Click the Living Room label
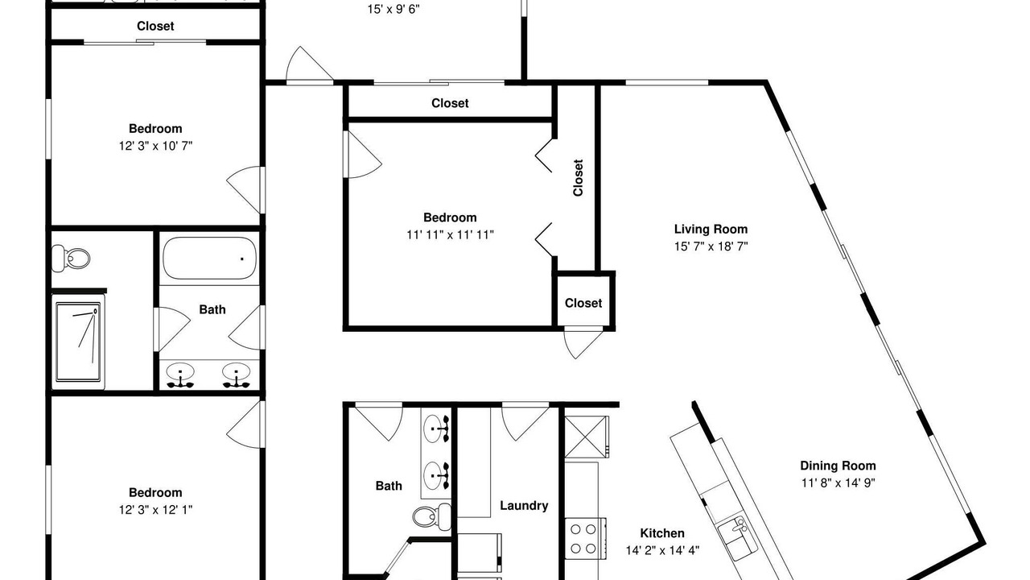pyautogui.click(x=711, y=230)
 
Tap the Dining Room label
pyautogui.click(x=838, y=466)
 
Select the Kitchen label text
pyautogui.click(x=662, y=533)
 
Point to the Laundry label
pyautogui.click(x=524, y=506)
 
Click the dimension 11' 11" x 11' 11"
pyautogui.click(x=450, y=235)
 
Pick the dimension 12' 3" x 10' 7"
pyautogui.click(x=155, y=147)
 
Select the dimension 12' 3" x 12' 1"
pyautogui.click(x=155, y=510)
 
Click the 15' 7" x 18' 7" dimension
pyautogui.click(x=711, y=246)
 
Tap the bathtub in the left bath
pyautogui.click(x=210, y=258)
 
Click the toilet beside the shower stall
pyautogui.click(x=70, y=259)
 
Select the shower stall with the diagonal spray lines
pyautogui.click(x=78, y=342)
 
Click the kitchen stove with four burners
pyautogui.click(x=585, y=538)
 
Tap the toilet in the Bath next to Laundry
pyautogui.click(x=432, y=516)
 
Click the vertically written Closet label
pyautogui.click(x=578, y=178)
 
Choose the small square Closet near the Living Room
pyautogui.click(x=583, y=303)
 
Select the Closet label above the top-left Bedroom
pyautogui.click(x=155, y=27)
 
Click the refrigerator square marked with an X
pyautogui.click(x=587, y=437)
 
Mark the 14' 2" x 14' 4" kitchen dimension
pyautogui.click(x=662, y=550)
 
